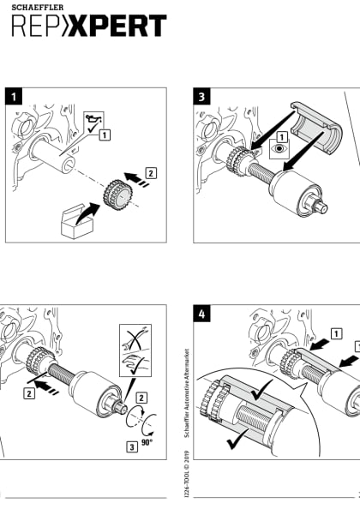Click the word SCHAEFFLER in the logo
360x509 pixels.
coord(38,7)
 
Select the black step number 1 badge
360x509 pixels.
coord(14,97)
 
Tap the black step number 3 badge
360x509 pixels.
coord(201,97)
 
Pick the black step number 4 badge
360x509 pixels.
coord(201,314)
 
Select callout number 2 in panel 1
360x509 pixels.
coord(151,173)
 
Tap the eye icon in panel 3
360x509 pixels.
coord(279,149)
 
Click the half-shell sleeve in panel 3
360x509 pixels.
coord(316,128)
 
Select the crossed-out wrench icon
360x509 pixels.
coord(135,338)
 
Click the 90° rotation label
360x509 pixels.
coord(147,442)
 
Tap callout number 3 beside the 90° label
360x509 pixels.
coord(132,447)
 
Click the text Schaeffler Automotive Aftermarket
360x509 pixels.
coord(186,393)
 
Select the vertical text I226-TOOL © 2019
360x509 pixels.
coord(186,473)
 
